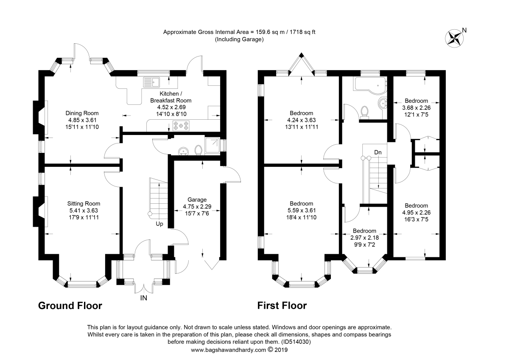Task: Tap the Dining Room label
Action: (x=82, y=113)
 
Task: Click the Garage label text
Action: (x=197, y=200)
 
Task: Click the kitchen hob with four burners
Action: (x=181, y=125)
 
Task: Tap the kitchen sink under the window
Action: (x=151, y=82)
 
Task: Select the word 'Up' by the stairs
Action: (x=159, y=224)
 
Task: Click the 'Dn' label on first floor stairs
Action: (x=378, y=152)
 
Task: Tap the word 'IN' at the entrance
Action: (x=144, y=298)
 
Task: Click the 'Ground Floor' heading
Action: (x=70, y=306)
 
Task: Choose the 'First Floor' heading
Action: (x=282, y=306)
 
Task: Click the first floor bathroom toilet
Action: (x=364, y=111)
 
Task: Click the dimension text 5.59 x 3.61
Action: (x=301, y=211)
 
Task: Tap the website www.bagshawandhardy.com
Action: (x=228, y=350)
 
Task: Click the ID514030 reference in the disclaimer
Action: (x=295, y=342)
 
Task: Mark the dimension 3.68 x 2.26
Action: (x=416, y=107)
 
